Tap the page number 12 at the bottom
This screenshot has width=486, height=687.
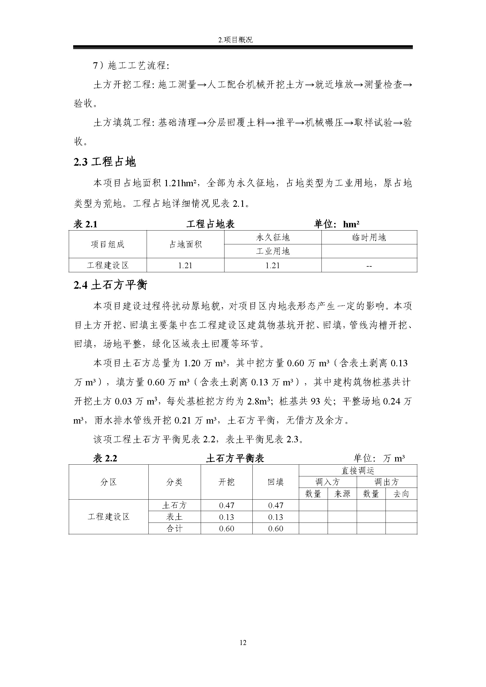243,642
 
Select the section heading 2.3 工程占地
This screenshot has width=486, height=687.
104,162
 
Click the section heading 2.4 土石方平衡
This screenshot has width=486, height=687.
110,285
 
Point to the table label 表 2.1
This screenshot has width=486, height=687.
85,224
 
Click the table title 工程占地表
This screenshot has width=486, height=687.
210,224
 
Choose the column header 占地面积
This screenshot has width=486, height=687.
185,244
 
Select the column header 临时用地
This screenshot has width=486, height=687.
369,238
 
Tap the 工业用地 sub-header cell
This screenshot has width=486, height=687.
273,251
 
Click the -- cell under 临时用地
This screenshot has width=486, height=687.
369,266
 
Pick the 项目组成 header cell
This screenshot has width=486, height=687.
108,244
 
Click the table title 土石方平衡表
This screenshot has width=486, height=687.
235,458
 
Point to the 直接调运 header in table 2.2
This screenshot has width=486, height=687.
358,471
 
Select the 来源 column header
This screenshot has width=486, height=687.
342,494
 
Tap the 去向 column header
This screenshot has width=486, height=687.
401,494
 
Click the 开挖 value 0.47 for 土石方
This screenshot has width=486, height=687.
227,505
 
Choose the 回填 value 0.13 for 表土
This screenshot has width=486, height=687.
275,517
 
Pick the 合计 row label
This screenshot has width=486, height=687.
174,529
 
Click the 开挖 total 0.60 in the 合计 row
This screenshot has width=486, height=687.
227,529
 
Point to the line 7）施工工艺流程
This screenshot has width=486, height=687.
131,65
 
